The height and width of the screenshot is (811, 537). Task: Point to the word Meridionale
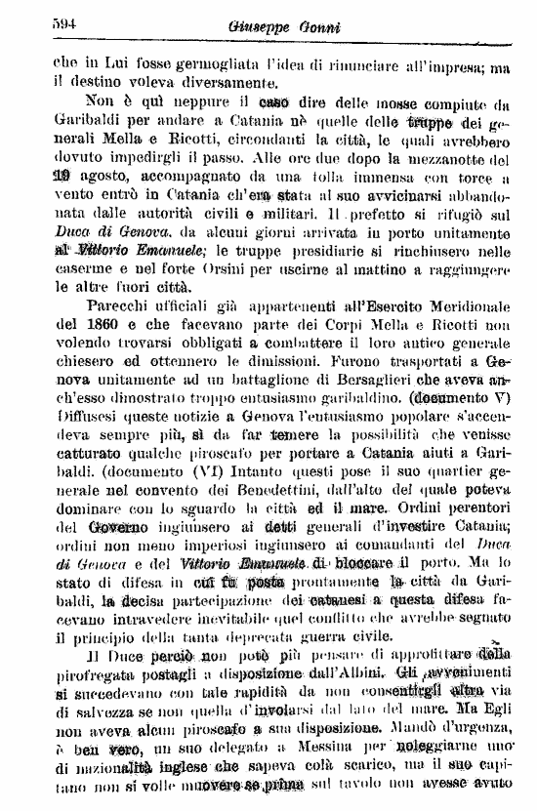tap(465, 303)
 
